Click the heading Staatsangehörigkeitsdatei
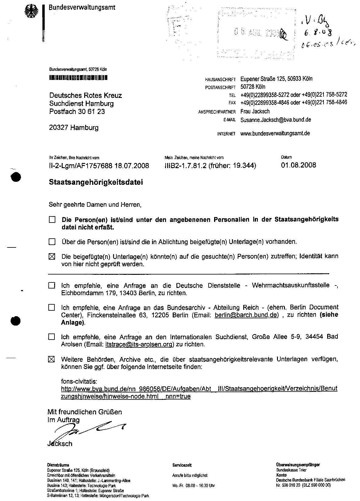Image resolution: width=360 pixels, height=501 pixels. [96, 182]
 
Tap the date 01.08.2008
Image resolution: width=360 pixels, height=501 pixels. [299, 165]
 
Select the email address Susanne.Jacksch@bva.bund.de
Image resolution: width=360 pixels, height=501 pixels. [275, 120]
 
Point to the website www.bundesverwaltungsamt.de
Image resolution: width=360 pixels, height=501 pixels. [275, 133]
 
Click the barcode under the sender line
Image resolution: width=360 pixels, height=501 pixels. [78, 78]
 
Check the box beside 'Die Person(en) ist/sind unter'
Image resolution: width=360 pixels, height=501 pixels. [52, 219]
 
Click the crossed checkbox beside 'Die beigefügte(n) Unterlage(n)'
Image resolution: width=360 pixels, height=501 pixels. [52, 257]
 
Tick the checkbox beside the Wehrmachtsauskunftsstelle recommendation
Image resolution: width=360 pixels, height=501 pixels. [52, 286]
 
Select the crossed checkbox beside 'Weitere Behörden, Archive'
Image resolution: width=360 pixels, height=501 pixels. [52, 359]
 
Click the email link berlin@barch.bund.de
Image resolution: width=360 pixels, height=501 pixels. [246, 315]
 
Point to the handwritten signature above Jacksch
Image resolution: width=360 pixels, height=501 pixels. [88, 429]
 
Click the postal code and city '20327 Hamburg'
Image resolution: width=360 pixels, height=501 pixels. [74, 128]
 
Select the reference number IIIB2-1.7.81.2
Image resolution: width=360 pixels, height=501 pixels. [185, 165]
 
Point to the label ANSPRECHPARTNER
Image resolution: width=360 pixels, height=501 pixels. [217, 112]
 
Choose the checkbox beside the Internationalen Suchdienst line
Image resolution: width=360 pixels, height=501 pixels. [52, 337]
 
